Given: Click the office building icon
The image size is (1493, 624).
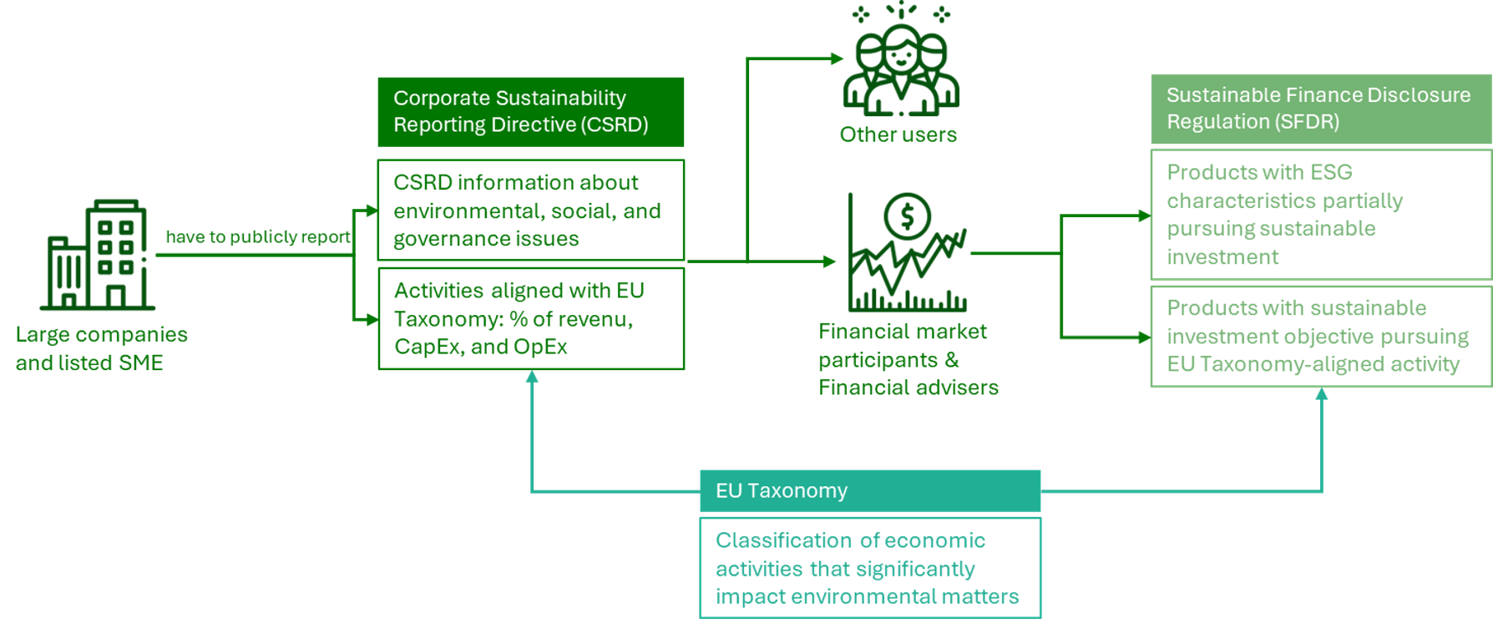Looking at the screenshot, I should pyautogui.click(x=98, y=255).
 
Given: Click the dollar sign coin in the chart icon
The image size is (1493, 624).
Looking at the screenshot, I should pyautogui.click(x=907, y=216).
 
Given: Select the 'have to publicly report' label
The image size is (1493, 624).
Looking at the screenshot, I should pyautogui.click(x=258, y=237).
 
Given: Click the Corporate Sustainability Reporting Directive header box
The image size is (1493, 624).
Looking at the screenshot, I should pyautogui.click(x=530, y=112).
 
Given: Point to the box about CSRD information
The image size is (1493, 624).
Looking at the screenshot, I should pyautogui.click(x=530, y=211).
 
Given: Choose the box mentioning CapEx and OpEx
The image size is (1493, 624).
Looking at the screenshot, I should pyautogui.click(x=530, y=318).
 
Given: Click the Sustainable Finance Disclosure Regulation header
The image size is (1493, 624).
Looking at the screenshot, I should pyautogui.click(x=1320, y=109).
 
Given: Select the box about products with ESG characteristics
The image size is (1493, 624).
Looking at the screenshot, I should pyautogui.click(x=1320, y=215).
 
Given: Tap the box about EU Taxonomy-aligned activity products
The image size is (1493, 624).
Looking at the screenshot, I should pyautogui.click(x=1320, y=336).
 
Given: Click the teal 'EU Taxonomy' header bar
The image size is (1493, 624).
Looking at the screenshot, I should pyautogui.click(x=869, y=490).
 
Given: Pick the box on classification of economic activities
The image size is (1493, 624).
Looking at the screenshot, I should pyautogui.click(x=869, y=568).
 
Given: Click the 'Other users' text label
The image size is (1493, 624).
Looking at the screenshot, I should pyautogui.click(x=898, y=134).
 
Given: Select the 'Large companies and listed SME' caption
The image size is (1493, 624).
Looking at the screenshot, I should pyautogui.click(x=101, y=348).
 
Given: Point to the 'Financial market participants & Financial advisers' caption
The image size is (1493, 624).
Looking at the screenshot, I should pyautogui.click(x=908, y=359).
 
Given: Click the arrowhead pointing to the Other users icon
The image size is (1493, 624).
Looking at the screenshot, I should pyautogui.click(x=838, y=58).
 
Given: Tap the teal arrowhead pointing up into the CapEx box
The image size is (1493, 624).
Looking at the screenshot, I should pyautogui.click(x=532, y=378).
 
